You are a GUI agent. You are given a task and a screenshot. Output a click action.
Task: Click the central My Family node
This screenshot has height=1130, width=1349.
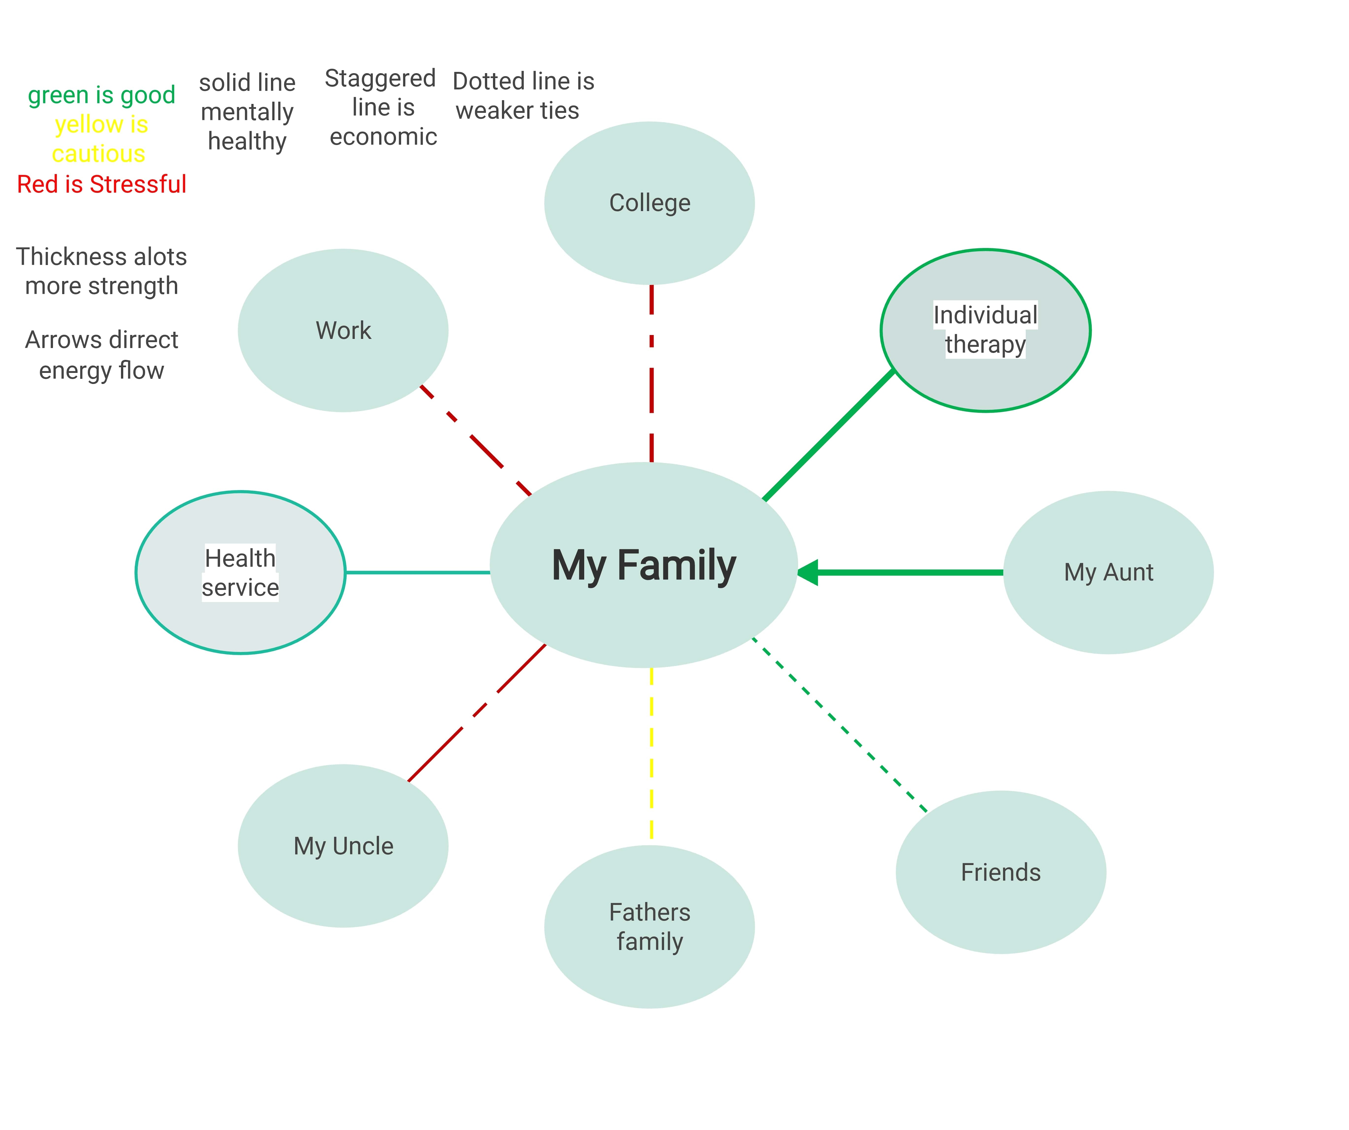click(x=644, y=565)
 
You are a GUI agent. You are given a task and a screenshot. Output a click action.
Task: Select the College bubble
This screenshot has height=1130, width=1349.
click(x=649, y=203)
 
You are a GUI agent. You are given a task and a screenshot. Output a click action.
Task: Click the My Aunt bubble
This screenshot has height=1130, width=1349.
click(x=1108, y=572)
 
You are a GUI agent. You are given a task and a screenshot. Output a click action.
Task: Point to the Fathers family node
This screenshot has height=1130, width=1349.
click(x=649, y=926)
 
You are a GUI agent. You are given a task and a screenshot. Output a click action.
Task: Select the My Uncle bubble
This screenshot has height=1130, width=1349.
click(x=343, y=845)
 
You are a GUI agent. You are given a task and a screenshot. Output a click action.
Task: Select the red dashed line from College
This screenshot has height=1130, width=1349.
click(x=651, y=372)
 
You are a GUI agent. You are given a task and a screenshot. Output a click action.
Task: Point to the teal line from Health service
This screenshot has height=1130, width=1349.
click(x=418, y=572)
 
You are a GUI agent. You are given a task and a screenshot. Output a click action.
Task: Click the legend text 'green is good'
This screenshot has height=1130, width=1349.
click(x=101, y=95)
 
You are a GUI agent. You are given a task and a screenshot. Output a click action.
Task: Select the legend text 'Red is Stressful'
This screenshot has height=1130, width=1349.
click(x=101, y=184)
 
